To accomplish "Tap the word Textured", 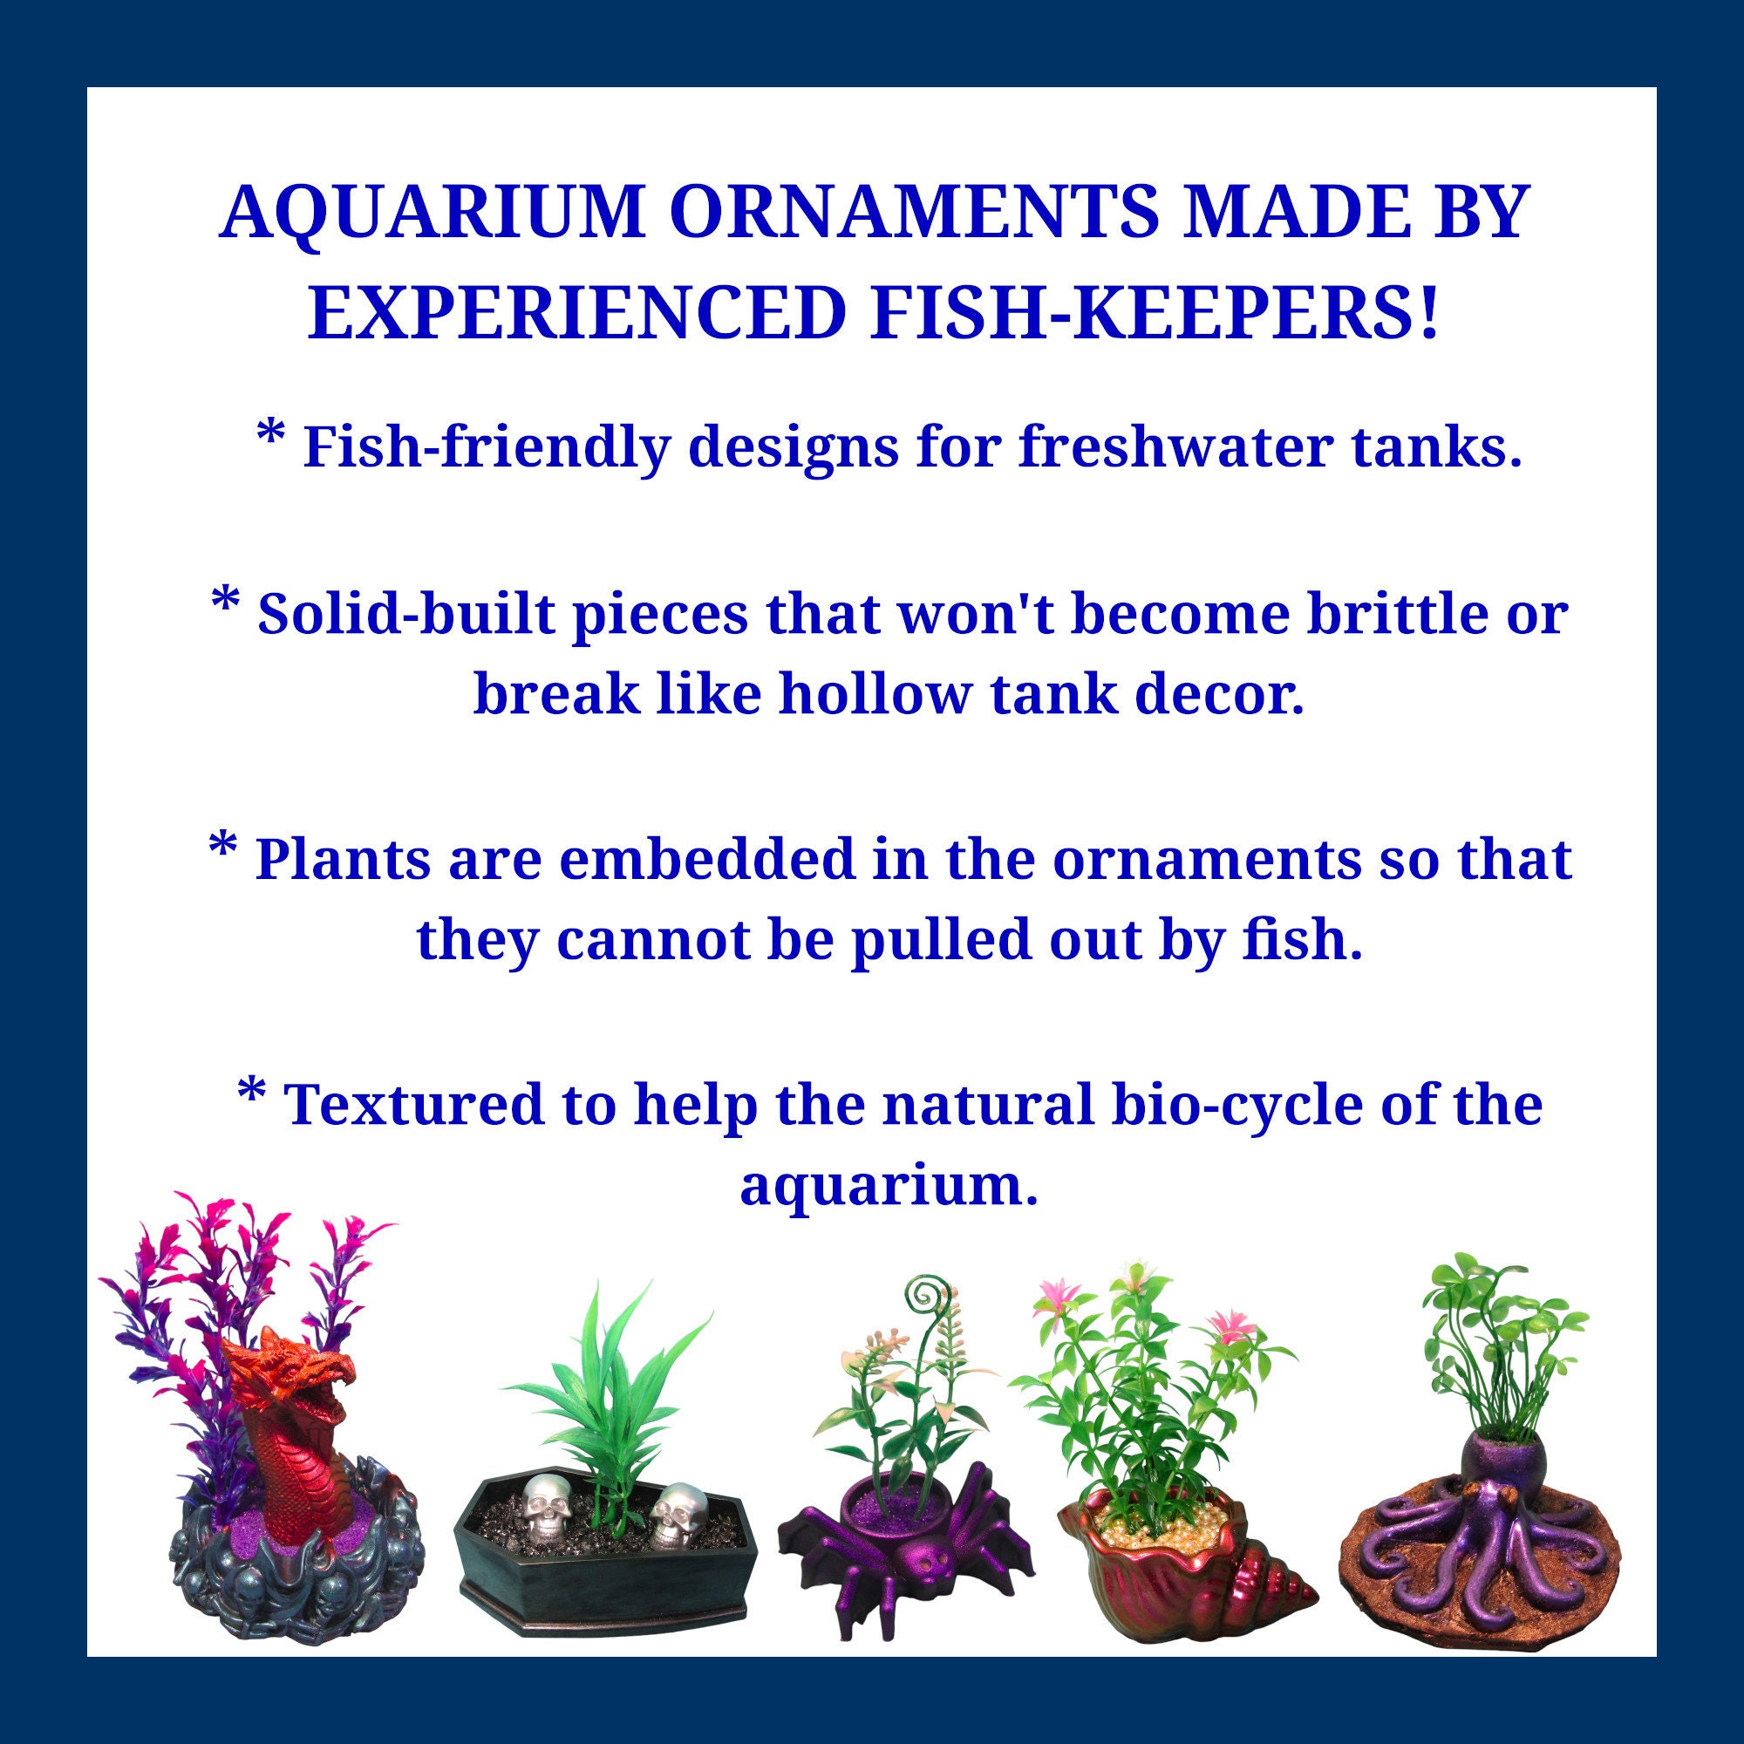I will pos(414,1103).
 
